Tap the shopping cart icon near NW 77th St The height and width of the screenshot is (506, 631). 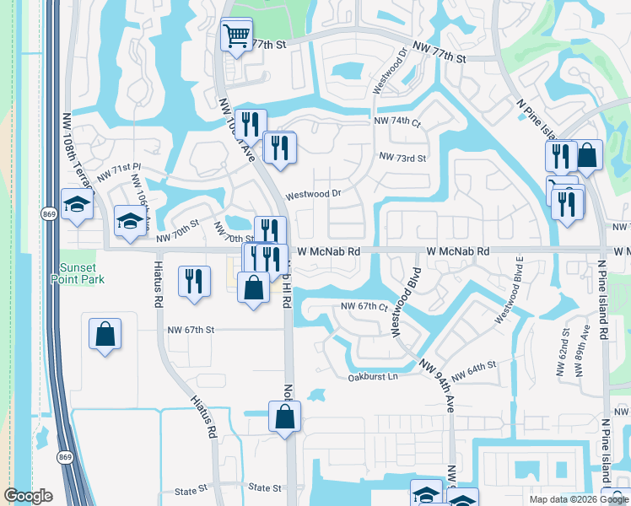235,36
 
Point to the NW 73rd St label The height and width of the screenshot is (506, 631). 402,158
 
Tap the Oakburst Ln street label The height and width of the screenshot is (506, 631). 372,377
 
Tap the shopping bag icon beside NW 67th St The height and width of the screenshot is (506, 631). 105,334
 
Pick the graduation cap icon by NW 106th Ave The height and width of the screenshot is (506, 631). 130,221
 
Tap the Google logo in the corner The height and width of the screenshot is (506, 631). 29,497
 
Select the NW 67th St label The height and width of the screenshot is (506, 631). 191,330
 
